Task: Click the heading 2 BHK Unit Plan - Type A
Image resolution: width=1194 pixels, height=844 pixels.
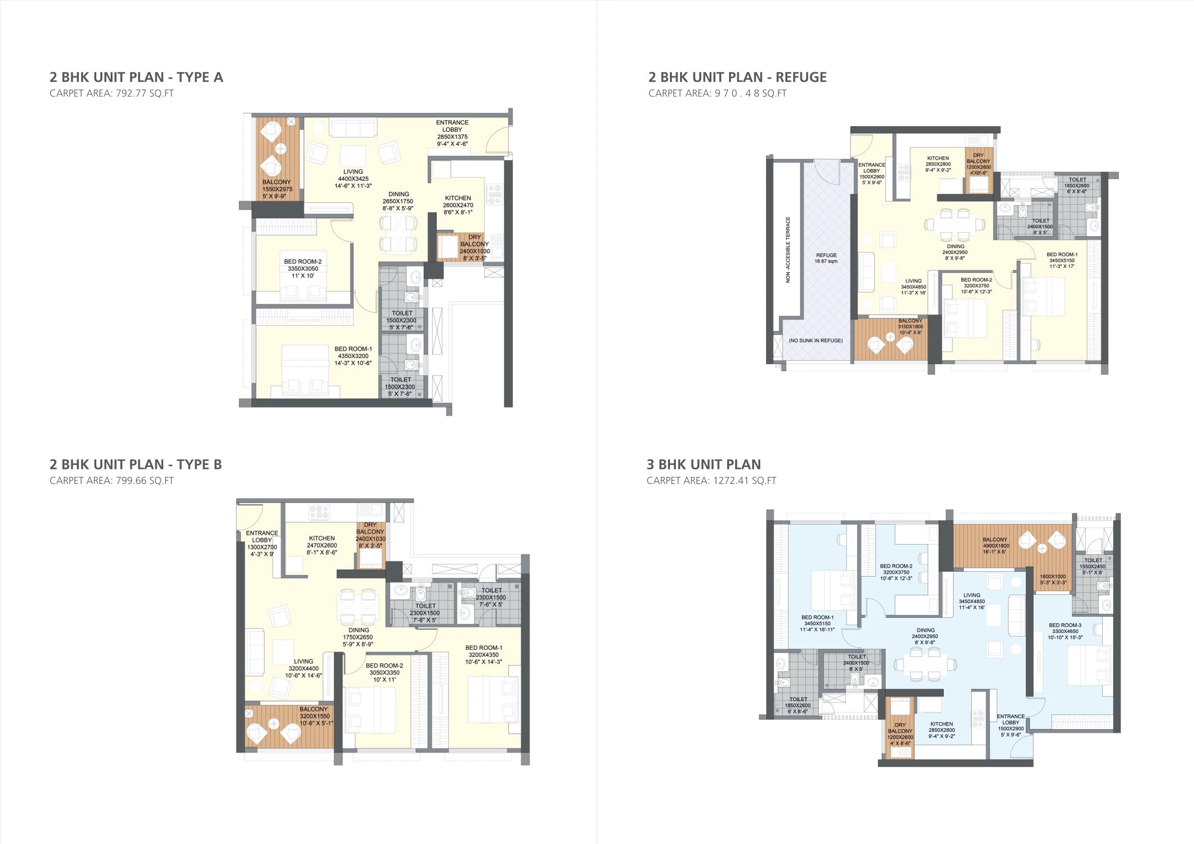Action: [136, 78]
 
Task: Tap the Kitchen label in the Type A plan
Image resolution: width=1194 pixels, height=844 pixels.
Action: [458, 205]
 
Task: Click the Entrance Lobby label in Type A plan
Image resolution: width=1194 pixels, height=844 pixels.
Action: [452, 133]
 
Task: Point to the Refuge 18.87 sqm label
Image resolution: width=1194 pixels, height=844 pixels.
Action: [826, 258]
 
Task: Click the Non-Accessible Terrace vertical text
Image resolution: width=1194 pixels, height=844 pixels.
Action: [787, 250]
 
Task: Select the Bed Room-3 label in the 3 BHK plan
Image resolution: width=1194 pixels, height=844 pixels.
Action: [1065, 631]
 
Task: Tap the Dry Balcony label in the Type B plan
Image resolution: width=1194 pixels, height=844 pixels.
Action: [370, 535]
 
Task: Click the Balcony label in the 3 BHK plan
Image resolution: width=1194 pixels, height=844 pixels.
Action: [995, 546]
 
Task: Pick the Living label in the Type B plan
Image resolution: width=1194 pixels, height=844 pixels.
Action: [303, 669]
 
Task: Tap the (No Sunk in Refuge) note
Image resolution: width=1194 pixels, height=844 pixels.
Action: [815, 341]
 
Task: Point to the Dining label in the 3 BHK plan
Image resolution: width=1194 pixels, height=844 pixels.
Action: [925, 636]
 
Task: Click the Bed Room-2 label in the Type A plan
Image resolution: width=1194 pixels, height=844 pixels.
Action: [303, 269]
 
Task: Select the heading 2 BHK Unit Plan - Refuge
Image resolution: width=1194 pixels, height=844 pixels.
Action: [737, 78]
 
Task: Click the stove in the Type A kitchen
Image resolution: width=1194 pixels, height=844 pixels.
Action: [494, 194]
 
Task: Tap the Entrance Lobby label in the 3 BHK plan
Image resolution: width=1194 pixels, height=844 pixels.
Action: [1010, 722]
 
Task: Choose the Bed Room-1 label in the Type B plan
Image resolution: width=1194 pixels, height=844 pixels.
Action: [483, 655]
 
